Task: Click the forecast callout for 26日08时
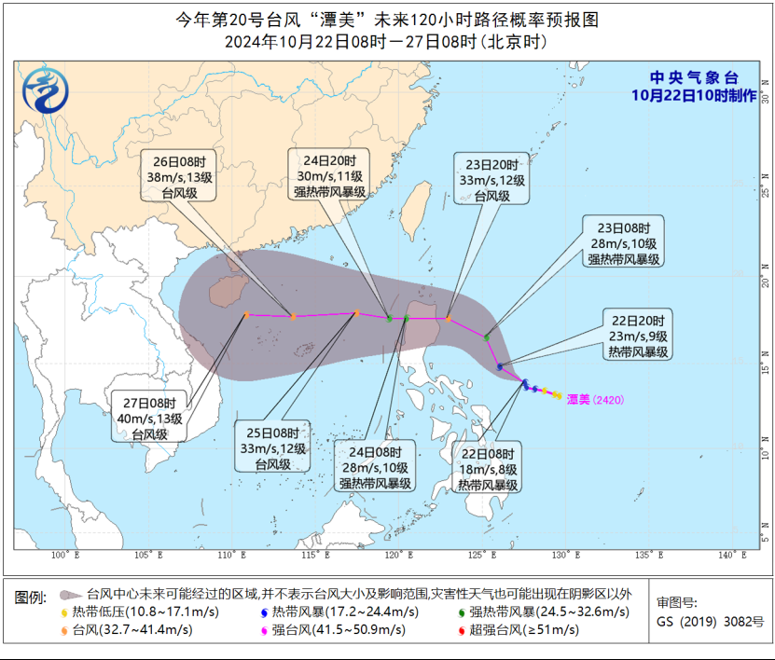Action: click(180, 174)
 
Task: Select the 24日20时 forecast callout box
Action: click(328, 174)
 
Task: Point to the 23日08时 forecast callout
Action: click(624, 242)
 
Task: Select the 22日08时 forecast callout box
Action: click(488, 468)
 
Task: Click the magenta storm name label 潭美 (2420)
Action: click(595, 399)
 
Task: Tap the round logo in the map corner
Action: click(46, 90)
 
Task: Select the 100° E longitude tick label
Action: click(62, 556)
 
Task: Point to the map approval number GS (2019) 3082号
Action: click(710, 621)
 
